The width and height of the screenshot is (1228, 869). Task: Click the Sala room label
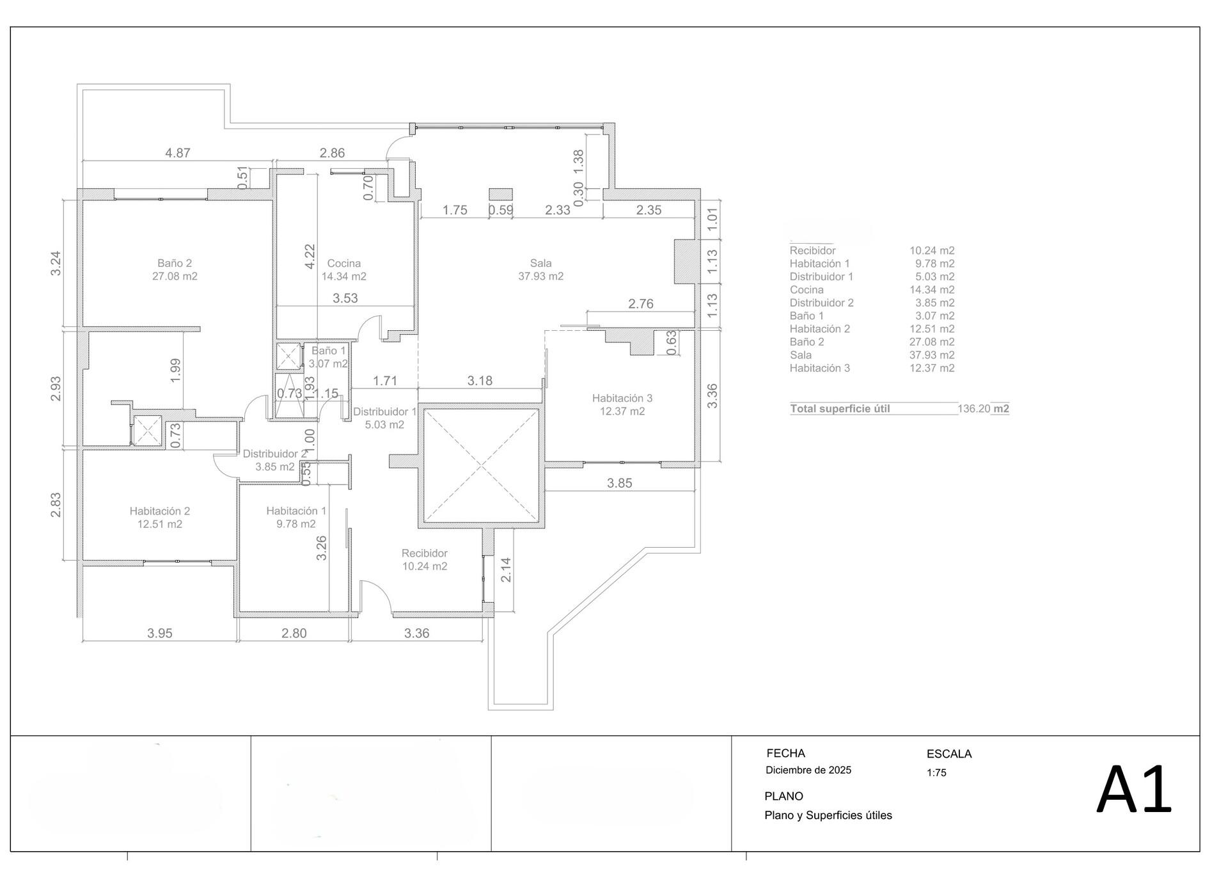click(x=540, y=263)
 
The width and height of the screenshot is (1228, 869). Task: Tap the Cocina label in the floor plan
click(x=344, y=263)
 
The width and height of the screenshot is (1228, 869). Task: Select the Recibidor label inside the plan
click(x=425, y=553)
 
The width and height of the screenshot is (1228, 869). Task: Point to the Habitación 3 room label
click(x=622, y=398)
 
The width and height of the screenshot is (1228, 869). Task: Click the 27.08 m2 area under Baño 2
click(x=175, y=276)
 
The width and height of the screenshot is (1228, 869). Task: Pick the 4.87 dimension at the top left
click(x=178, y=153)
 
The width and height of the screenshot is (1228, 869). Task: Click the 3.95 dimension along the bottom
click(x=160, y=633)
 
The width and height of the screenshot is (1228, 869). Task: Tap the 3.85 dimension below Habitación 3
click(x=620, y=483)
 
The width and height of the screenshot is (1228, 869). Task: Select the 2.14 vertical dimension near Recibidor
click(x=506, y=570)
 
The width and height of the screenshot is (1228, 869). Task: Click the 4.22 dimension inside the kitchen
click(x=310, y=257)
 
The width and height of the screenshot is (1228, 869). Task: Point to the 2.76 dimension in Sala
click(x=641, y=304)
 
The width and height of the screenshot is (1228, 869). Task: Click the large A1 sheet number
click(x=1134, y=790)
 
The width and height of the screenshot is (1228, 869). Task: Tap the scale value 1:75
click(x=936, y=772)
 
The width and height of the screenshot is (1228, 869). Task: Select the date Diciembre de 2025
click(x=808, y=770)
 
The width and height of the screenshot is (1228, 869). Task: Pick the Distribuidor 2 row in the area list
click(x=872, y=303)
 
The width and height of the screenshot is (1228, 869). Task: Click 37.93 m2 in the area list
click(x=932, y=355)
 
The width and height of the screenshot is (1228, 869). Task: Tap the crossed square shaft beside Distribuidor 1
click(x=482, y=466)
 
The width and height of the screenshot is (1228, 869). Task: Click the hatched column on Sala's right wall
click(x=684, y=261)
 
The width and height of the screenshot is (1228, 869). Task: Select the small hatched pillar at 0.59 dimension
click(x=501, y=195)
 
